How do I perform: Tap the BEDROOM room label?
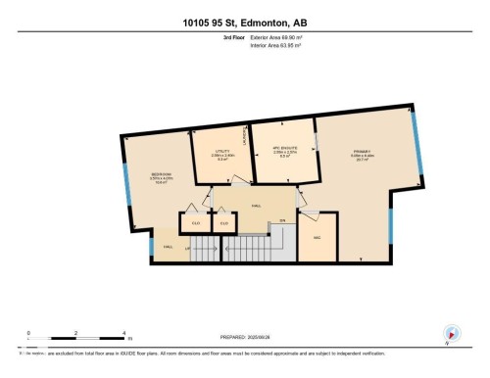coord(162,176)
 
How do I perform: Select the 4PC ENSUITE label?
coord(284,151)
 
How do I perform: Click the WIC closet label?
coord(318,238)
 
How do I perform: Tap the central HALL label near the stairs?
coord(257,206)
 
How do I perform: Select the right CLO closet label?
coord(224,224)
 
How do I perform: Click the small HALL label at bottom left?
coord(168,248)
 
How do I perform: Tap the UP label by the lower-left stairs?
coord(187,252)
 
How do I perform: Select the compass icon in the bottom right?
coord(452,334)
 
